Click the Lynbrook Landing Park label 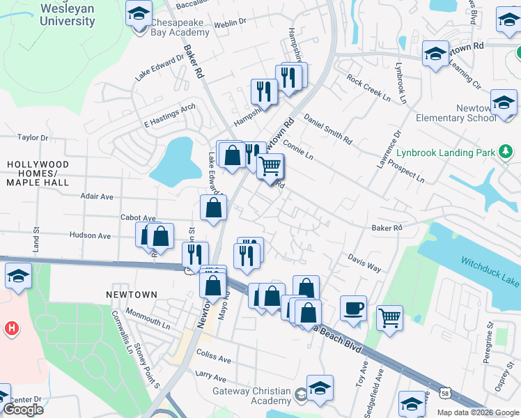tap(444, 152)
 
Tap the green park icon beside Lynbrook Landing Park tap(506, 151)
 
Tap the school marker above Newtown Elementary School tap(504, 103)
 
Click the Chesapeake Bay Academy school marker tap(139, 13)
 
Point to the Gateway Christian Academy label tap(251, 396)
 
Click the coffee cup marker tap(353, 307)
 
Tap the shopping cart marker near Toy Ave tap(389, 317)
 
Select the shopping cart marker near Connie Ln tap(270, 166)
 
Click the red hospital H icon tap(10, 327)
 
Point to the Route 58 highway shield tap(445, 394)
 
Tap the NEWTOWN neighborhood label tap(132, 295)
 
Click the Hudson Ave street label tap(90, 235)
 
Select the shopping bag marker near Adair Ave tap(213, 206)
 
